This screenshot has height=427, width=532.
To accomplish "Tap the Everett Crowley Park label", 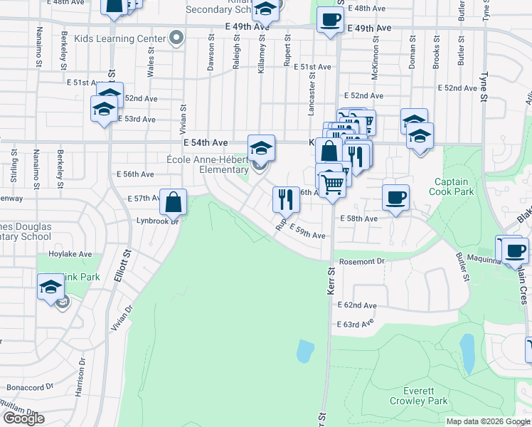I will coord(423,396).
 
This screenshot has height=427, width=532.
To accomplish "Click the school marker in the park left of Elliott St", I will coord(50,288).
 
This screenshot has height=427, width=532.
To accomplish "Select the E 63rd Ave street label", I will coord(357,324).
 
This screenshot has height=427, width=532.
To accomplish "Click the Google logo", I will coord(23,418).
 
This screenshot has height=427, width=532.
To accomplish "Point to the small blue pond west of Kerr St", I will coord(304,350).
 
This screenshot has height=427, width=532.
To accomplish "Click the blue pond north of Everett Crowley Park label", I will coord(467,354).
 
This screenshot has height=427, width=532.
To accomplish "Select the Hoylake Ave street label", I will coord(70,253).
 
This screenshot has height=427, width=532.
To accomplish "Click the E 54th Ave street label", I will coord(206,143).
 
